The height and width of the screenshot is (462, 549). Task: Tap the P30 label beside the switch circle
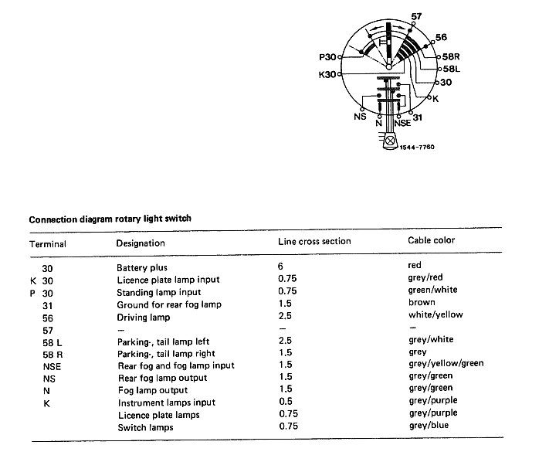pos(327,56)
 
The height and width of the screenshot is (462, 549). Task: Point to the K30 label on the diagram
pos(327,75)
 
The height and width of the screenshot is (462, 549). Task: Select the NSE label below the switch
pos(402,122)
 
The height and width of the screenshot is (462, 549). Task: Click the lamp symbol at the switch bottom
pos(390,141)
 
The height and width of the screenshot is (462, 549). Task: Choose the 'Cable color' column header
pos(431,241)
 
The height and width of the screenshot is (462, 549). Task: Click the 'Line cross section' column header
pos(314,241)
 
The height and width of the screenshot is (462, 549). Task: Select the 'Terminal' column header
pos(48,243)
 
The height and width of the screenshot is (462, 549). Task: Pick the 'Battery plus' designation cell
pos(142,267)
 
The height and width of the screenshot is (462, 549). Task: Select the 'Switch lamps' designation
pos(145,427)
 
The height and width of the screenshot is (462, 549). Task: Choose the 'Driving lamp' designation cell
pos(143,317)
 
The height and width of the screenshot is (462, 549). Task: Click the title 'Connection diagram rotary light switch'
pos(110,219)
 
